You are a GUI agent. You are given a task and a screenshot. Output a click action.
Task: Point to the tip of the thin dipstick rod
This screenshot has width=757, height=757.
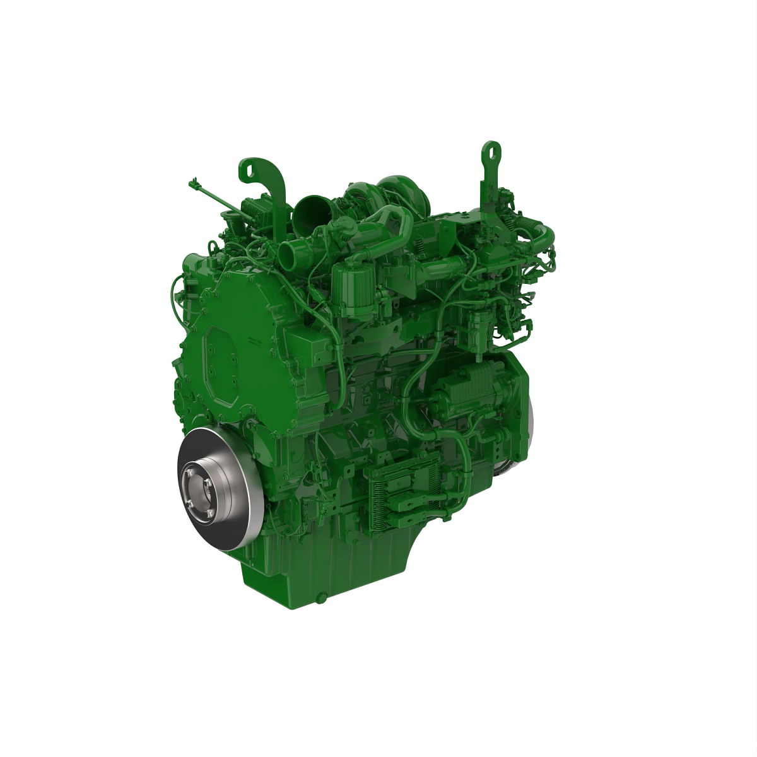(x=191, y=184)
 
